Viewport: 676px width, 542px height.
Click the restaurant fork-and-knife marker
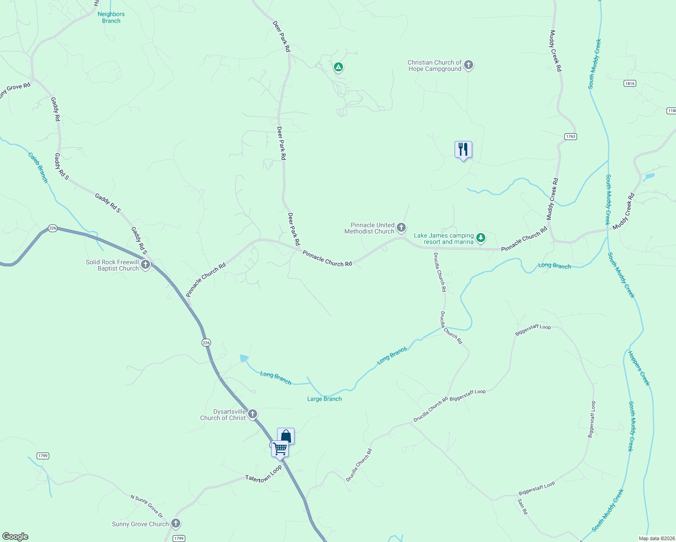pyautogui.click(x=463, y=150)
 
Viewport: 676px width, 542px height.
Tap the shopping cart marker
pyautogui.click(x=280, y=449)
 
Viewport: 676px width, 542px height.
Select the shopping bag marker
pyautogui.click(x=286, y=436)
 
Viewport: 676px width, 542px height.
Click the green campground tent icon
pyautogui.click(x=338, y=67)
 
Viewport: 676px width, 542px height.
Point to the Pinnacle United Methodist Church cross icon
pyautogui.click(x=401, y=228)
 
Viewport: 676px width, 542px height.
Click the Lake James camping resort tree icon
pyautogui.click(x=481, y=238)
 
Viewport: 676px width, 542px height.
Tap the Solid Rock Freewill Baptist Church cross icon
pyautogui.click(x=146, y=265)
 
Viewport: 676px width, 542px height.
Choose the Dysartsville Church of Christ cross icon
pyautogui.click(x=253, y=414)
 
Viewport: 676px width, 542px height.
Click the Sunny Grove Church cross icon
pyautogui.click(x=176, y=523)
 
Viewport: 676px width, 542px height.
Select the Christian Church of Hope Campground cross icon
pyautogui.click(x=469, y=65)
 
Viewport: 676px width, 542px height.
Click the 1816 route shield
pyautogui.click(x=629, y=84)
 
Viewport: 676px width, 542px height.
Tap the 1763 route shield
pyautogui.click(x=571, y=136)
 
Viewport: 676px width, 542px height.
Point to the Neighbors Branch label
pyautogui.click(x=111, y=18)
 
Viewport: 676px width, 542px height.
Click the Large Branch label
pyautogui.click(x=324, y=399)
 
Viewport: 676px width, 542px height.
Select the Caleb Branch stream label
pyautogui.click(x=38, y=168)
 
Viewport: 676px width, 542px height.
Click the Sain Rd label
pyautogui.click(x=522, y=506)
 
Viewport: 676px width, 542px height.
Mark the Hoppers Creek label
pyautogui.click(x=639, y=368)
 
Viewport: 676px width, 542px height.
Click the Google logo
pyautogui.click(x=15, y=537)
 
